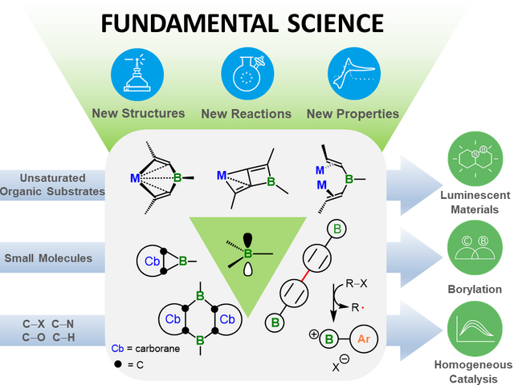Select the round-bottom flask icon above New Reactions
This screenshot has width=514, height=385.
tap(245, 72)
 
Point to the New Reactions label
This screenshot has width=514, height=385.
tap(246, 114)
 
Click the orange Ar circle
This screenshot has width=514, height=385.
tap(363, 340)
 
